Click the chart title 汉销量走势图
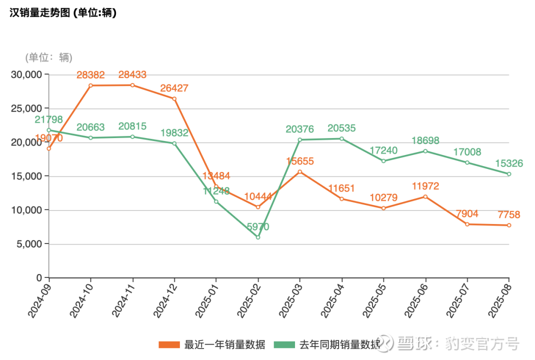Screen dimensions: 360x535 63,13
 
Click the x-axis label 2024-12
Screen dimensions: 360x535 164,298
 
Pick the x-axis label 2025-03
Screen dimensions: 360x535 290,298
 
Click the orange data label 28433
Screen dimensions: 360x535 132,75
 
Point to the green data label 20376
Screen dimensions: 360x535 300,129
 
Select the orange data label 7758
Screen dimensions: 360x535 509,215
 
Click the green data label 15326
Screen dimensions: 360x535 509,163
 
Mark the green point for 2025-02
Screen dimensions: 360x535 258,237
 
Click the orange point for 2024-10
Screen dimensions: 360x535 90,85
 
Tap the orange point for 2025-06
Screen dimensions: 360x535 425,196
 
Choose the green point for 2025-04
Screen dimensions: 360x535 342,138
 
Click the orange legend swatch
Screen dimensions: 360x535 169,344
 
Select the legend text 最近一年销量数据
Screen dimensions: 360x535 224,344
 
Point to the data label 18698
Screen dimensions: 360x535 425,140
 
